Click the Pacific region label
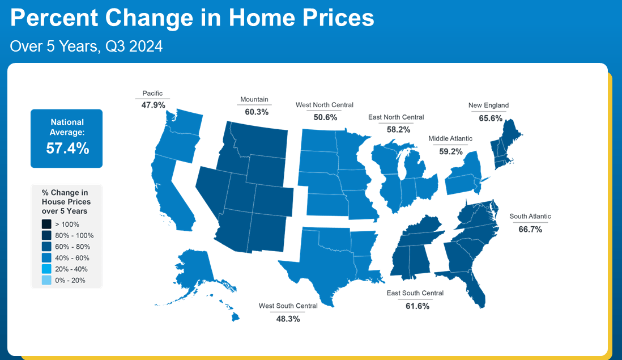[x=152, y=94]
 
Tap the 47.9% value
[x=153, y=105]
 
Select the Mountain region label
[x=254, y=99]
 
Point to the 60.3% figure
[x=257, y=112]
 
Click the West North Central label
[x=325, y=105]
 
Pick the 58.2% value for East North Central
[x=399, y=129]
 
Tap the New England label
[x=488, y=105]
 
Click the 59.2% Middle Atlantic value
[x=450, y=151]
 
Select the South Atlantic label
[x=530, y=217]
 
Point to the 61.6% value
[x=417, y=306]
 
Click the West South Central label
[x=288, y=306]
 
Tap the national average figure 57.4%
[x=67, y=148]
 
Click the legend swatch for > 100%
[x=46, y=225]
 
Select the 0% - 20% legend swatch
[x=46, y=280]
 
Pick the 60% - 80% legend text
[x=73, y=247]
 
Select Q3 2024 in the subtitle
[x=134, y=46]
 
